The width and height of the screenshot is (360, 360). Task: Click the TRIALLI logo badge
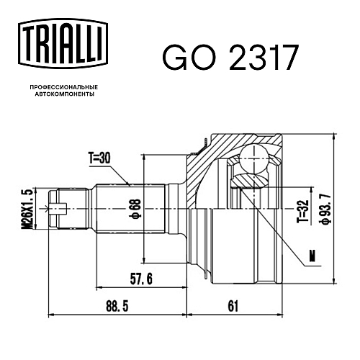click(x=63, y=43)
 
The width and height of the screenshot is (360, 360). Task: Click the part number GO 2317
click(x=230, y=58)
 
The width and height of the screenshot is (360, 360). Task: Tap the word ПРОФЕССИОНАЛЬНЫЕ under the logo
click(x=64, y=87)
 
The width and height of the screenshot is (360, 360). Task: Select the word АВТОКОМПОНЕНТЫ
click(x=65, y=94)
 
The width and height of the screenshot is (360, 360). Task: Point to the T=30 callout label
click(x=99, y=158)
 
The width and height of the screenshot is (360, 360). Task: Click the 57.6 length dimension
click(x=141, y=279)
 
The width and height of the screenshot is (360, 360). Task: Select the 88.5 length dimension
click(x=117, y=306)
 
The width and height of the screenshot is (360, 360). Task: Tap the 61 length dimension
click(x=233, y=306)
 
